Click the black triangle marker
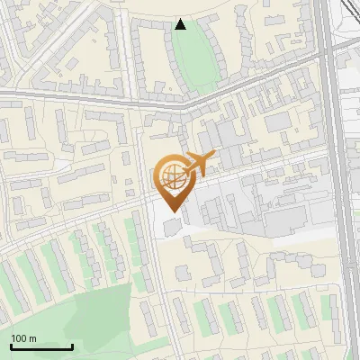tap(181, 24)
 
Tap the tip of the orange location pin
tap(170, 211)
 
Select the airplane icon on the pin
tap(199, 165)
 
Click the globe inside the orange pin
tap(171, 175)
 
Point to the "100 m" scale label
tap(23, 338)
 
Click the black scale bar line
tap(41, 346)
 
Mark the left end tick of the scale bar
tap(11, 345)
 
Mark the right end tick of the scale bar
tap(72, 345)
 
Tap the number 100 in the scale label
tap(19, 338)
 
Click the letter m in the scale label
tap(32, 338)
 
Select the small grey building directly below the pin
tap(172, 226)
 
